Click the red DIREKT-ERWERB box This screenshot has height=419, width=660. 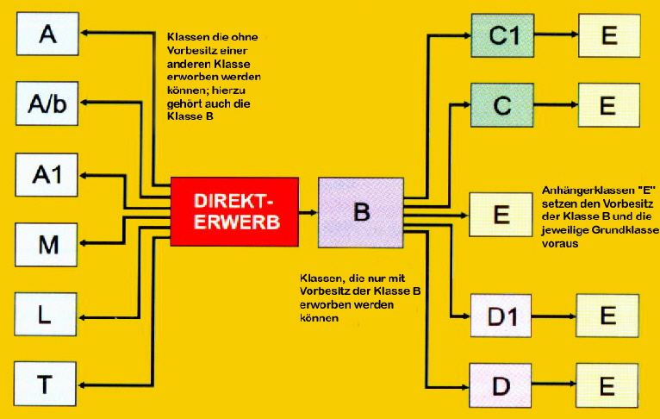point(234,210)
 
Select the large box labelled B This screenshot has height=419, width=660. point(361,211)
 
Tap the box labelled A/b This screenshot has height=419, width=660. point(47,104)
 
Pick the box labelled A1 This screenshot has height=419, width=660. point(47,175)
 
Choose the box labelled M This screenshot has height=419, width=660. point(47,245)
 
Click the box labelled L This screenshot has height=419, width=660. point(47,314)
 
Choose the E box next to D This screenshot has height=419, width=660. point(607,385)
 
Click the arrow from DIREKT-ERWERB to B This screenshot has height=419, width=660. point(308,211)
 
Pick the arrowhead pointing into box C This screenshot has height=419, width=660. point(465,105)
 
